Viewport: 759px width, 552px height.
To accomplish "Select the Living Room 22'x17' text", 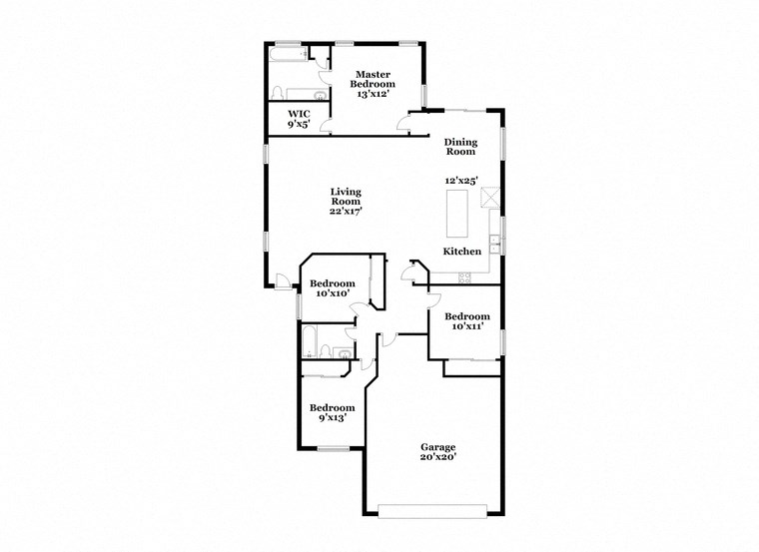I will (x=346, y=201).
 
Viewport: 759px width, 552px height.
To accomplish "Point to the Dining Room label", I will (x=460, y=147).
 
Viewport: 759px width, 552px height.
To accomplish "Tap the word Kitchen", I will (x=463, y=252).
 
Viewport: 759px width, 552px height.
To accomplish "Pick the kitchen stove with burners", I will (x=465, y=276).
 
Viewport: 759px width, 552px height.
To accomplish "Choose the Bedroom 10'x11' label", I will (x=465, y=321).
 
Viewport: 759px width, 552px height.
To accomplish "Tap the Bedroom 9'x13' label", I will (x=331, y=412).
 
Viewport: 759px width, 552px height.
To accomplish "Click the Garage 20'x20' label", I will (x=437, y=452).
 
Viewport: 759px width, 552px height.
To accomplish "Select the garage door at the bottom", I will (x=435, y=512).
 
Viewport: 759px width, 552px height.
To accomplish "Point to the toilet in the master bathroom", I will (x=318, y=96).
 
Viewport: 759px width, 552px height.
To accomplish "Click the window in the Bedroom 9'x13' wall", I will (x=333, y=449).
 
